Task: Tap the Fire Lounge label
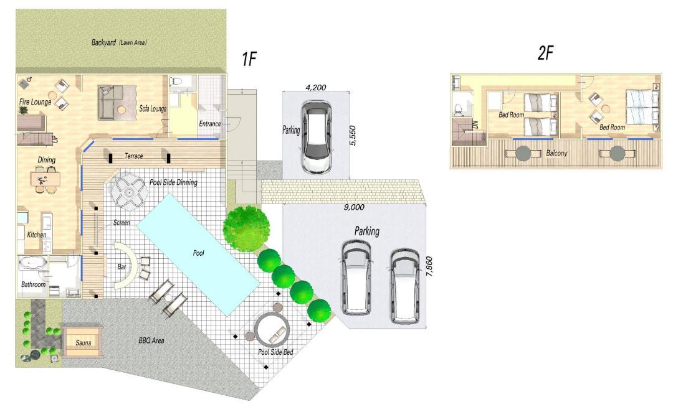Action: [35, 102]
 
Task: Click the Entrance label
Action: [210, 123]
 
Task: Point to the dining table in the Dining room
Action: [45, 179]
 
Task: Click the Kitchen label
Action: [37, 235]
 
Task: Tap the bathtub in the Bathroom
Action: [33, 263]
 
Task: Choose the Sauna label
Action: [84, 342]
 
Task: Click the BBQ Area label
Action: [151, 340]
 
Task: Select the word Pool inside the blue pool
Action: [198, 253]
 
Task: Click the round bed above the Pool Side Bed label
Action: [272, 330]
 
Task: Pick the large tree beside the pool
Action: [246, 226]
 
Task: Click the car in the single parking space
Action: [316, 137]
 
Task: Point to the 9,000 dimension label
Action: [354, 207]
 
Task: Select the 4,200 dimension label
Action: [315, 88]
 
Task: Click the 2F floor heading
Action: [545, 53]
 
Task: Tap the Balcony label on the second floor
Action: [556, 153]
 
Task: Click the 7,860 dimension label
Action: [429, 266]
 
